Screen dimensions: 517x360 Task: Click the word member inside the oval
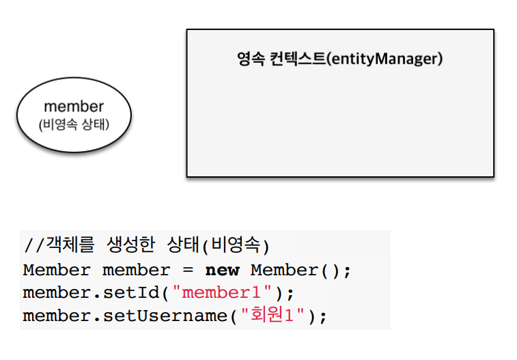pos(74,107)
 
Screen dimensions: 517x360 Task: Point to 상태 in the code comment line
pos(183,246)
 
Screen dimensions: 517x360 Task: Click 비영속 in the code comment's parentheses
pos(236,246)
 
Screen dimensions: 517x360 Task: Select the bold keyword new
pos(222,270)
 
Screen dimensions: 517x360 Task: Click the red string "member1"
pos(222,294)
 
